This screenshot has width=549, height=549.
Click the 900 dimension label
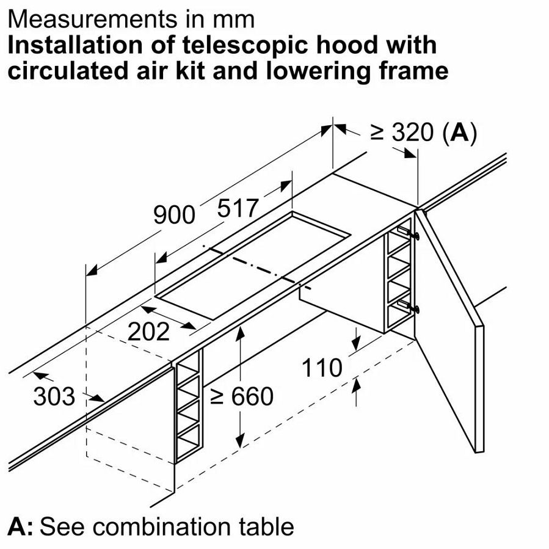coord(174,214)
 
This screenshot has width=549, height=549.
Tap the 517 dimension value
coord(238,209)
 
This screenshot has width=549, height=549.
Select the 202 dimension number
coord(148,332)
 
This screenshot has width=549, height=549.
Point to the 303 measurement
coord(54,397)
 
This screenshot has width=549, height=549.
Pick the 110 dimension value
coord(322,368)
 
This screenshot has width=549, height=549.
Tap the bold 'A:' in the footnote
coord(21,526)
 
